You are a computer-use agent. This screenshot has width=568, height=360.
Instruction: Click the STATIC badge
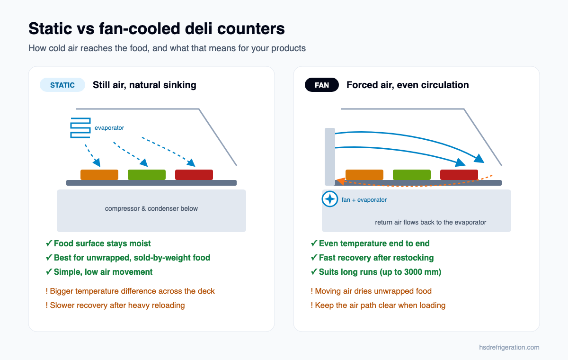[62, 85]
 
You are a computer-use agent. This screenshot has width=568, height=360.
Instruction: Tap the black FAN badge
[322, 85]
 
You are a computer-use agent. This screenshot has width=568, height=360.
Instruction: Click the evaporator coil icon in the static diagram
[80, 128]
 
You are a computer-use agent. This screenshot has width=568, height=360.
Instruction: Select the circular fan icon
[330, 199]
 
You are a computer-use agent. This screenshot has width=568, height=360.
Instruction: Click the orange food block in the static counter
[99, 175]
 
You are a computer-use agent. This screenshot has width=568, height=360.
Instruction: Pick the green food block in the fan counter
[412, 175]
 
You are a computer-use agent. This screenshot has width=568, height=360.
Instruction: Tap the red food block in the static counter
[194, 175]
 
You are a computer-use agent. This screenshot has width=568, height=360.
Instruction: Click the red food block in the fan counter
[459, 175]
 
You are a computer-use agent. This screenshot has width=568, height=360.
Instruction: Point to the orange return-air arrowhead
[340, 181]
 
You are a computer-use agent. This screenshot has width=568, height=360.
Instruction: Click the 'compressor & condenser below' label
[151, 208]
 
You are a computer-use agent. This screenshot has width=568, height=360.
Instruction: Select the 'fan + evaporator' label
[364, 200]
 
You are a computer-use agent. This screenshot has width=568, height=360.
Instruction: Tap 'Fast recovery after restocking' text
[376, 258]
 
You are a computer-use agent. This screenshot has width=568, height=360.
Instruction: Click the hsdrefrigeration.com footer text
[509, 347]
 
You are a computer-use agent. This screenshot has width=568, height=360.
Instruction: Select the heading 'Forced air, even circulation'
[408, 85]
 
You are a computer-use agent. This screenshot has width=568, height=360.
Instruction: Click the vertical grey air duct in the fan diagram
[330, 156]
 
